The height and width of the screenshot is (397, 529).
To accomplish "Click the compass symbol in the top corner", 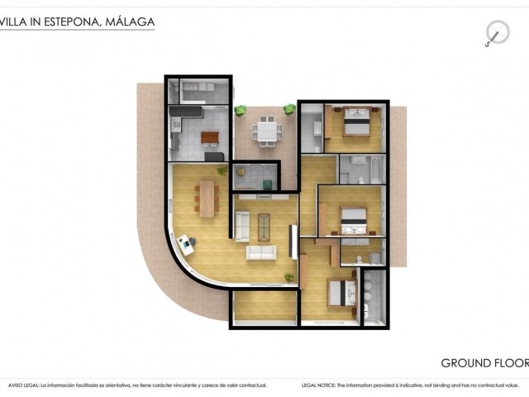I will [496, 33].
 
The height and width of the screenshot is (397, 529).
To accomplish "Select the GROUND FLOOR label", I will [484, 362].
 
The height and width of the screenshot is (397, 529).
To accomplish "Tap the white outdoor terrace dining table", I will [266, 130].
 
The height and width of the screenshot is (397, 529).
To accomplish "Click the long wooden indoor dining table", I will [207, 198].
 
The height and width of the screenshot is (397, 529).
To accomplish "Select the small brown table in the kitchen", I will [211, 137].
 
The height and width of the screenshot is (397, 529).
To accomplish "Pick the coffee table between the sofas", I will [264, 225].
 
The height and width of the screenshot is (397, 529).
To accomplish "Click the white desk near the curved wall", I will [186, 244].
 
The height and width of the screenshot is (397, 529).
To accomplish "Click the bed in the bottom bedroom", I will [342, 294].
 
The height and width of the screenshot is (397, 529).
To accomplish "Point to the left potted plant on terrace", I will [241, 110].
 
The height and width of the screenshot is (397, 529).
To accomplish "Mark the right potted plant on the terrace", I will [289, 108].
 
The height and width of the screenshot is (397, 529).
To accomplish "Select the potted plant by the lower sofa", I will [289, 276].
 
